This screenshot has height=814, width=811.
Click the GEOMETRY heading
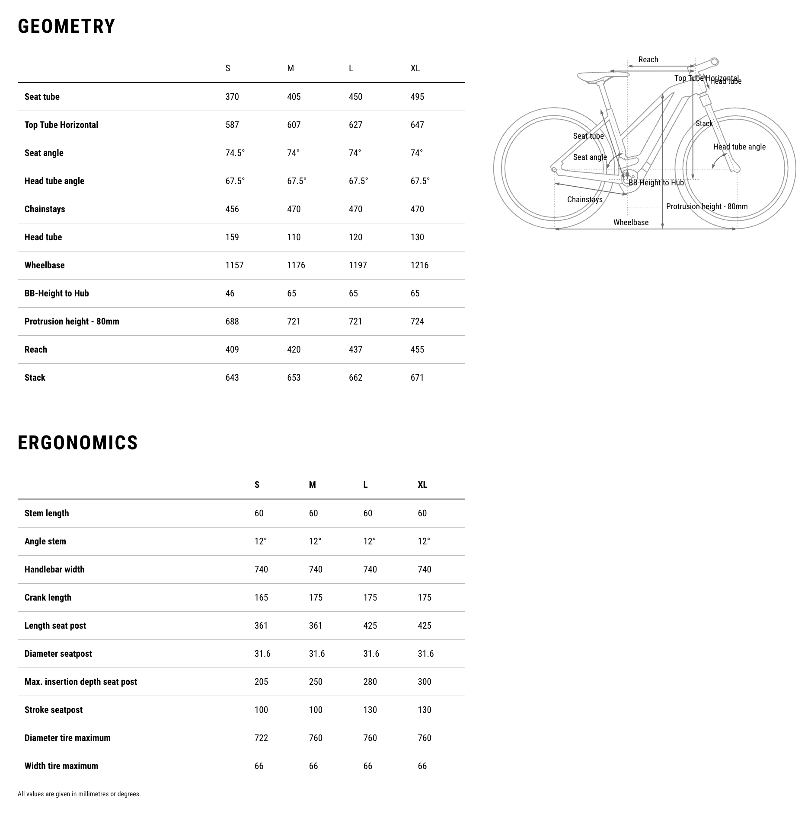point(67,26)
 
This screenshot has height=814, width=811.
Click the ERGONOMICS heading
point(78,443)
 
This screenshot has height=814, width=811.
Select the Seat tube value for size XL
point(417,97)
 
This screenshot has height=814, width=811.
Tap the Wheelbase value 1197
point(358,265)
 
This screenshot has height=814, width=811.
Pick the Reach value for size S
point(232,350)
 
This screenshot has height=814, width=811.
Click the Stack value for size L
point(355,378)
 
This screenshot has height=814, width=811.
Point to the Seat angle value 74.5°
point(235,153)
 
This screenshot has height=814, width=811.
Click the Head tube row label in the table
point(43,237)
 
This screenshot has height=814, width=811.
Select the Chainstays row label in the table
point(45,209)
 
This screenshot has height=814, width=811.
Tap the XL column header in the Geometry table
point(415,68)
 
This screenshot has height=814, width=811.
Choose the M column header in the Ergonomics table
point(312,485)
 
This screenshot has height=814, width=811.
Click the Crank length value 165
point(261,598)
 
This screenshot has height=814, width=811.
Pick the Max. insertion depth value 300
point(425,682)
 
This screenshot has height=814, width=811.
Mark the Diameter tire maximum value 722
point(261,738)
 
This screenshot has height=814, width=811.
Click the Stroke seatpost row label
point(54,710)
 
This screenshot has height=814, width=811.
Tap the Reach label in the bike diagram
point(648,60)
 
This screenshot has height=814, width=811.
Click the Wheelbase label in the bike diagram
point(631,223)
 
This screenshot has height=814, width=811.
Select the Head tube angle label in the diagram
point(739,147)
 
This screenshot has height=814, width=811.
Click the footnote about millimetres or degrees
point(79,794)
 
